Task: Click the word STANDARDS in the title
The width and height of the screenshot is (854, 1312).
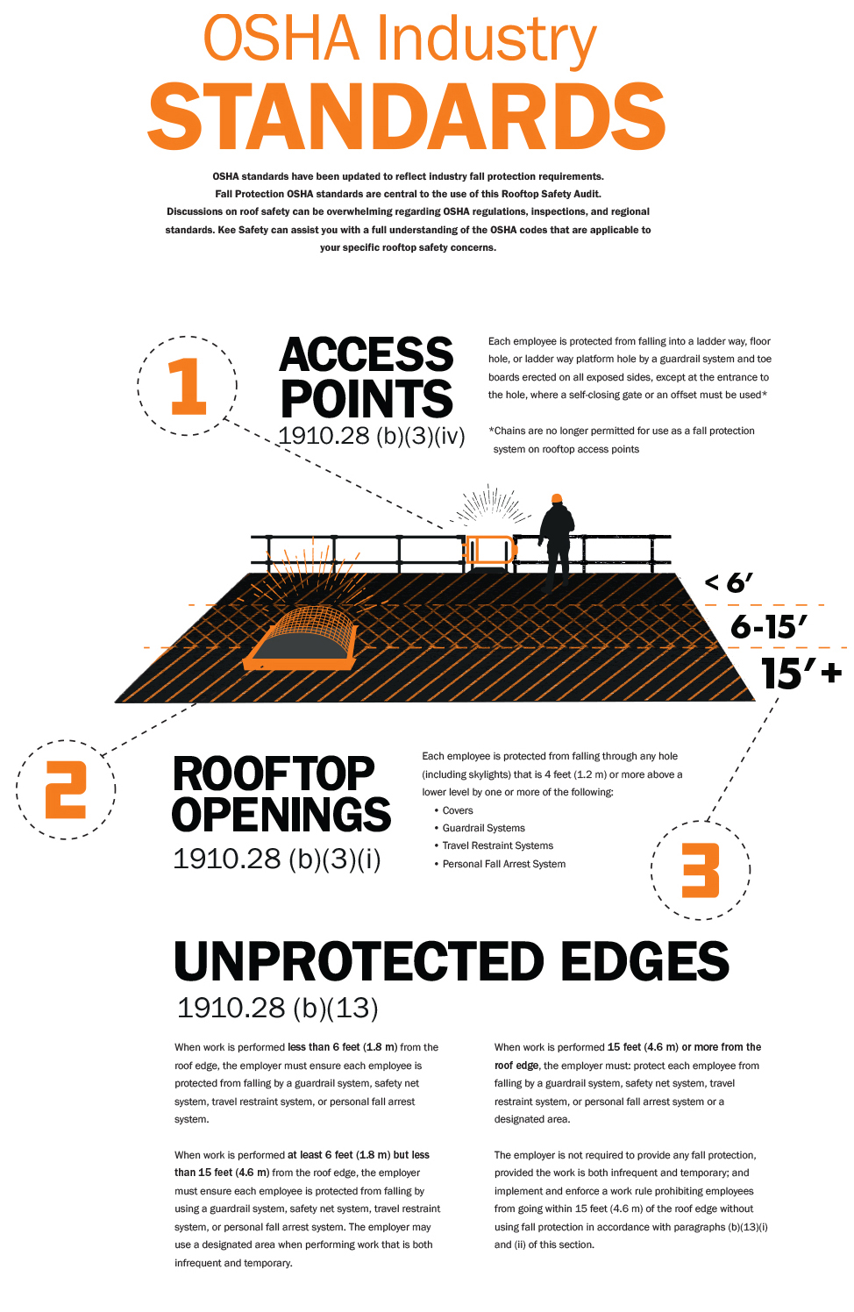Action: tap(406, 118)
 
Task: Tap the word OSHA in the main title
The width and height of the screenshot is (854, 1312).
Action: tap(281, 39)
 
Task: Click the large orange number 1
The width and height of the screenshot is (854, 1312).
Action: tap(188, 386)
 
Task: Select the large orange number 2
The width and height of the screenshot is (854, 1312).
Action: tap(66, 789)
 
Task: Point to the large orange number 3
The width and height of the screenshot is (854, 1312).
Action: tap(701, 870)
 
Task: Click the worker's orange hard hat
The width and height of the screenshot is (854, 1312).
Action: tap(556, 498)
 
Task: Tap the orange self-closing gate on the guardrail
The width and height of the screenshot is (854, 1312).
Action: tap(489, 550)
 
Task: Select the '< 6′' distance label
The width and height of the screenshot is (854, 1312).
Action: tap(729, 582)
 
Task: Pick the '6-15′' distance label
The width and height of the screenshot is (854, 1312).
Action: tap(768, 626)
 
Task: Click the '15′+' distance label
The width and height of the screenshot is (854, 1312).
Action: tap(801, 674)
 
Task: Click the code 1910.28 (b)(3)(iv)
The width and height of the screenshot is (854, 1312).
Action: tap(371, 436)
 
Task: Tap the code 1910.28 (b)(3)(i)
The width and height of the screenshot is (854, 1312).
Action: tap(277, 859)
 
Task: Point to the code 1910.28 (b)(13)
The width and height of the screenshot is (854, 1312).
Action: tap(277, 1008)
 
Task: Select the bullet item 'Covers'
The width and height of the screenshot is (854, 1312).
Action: tap(458, 810)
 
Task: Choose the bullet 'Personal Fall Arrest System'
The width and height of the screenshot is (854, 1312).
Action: tap(504, 864)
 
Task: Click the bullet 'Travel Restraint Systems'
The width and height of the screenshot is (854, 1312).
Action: tap(498, 845)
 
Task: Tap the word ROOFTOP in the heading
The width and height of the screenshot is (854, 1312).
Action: tap(274, 774)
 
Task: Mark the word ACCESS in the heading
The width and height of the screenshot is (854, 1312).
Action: tap(367, 355)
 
